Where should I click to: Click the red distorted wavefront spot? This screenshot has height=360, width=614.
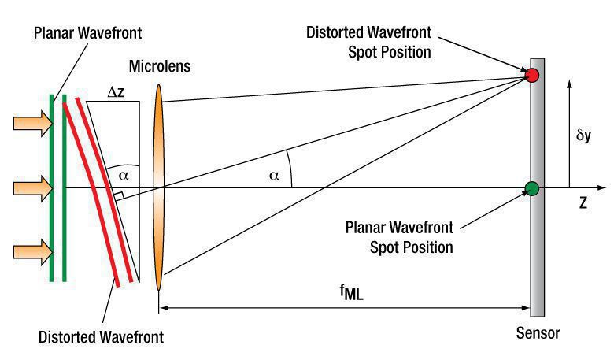532,75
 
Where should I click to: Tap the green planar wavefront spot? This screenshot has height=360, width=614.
532,189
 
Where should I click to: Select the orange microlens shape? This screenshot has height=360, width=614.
158,187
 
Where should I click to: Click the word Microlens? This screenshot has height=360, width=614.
160,66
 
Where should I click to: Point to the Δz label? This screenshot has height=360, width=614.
116,92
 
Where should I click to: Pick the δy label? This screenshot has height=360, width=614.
583,135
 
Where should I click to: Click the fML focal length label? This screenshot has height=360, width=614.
351,291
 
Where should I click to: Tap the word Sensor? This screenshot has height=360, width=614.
538,333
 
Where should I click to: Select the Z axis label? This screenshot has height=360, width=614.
583,203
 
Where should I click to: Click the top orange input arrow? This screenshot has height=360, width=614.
33,124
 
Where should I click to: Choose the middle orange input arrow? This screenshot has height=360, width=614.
33,188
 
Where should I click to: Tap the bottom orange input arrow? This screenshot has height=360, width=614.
33,252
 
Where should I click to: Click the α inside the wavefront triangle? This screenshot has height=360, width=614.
124,176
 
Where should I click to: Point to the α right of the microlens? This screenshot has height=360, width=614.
274,176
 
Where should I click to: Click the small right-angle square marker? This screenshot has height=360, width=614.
119,196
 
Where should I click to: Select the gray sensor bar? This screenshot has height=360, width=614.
537,187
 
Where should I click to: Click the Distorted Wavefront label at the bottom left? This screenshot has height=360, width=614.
101,337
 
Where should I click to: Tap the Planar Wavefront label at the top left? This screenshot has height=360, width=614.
87,33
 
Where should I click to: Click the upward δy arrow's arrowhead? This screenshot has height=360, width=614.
569,84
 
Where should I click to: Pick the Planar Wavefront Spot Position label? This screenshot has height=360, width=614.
399,237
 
